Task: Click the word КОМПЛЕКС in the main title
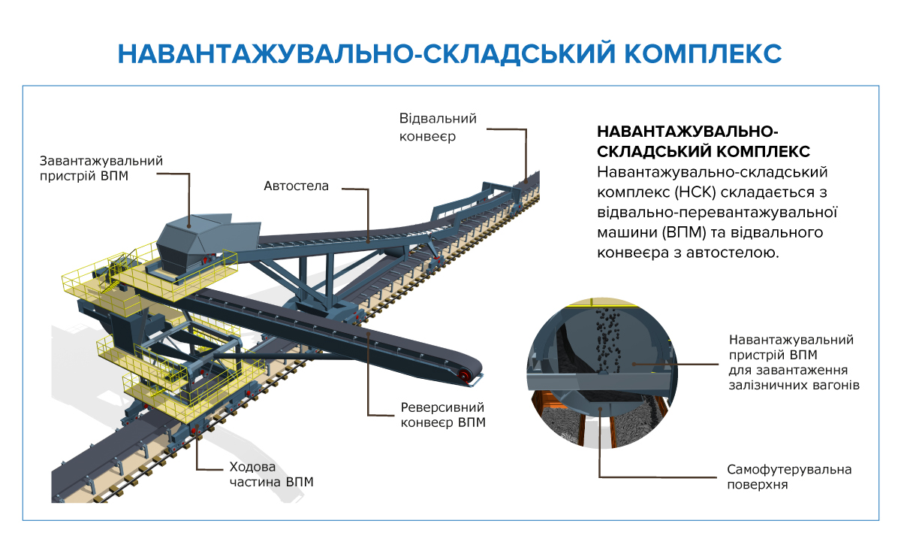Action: point(704,54)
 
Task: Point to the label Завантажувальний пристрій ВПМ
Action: point(101,169)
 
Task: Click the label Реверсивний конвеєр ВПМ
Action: point(442,415)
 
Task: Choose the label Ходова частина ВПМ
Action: point(270,474)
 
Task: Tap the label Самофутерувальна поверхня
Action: point(788,477)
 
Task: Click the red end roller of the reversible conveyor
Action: point(466,375)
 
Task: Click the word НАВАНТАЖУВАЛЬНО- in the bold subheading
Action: point(685,131)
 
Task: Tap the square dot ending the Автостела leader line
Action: point(370,241)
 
